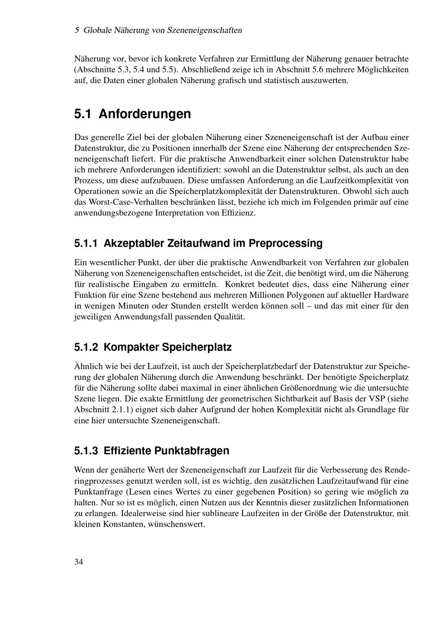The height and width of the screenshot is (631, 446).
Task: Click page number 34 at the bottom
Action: click(78, 561)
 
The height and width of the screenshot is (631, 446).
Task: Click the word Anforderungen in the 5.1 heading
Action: click(145, 114)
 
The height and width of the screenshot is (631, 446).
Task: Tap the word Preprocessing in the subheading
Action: click(285, 243)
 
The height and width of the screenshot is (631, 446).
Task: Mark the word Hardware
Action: click(391, 295)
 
